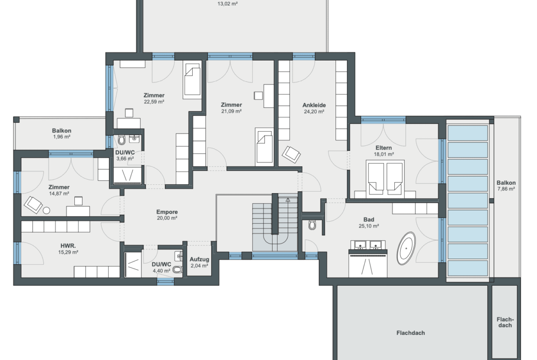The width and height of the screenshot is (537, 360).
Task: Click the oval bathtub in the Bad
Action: click(407, 249)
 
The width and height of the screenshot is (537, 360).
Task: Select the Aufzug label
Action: click(199, 260)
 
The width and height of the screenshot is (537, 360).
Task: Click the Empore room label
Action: click(167, 212)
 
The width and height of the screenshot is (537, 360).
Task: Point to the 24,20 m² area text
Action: click(314, 111)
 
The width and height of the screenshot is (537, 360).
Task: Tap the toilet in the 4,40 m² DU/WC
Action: click(178, 269)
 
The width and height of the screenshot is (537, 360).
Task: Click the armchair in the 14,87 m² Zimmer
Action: click(33, 205)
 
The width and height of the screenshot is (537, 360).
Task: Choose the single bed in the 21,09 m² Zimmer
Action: click(265, 147)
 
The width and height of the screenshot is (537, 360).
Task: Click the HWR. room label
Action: click(68, 246)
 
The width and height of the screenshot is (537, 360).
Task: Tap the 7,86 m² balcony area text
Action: click(506, 189)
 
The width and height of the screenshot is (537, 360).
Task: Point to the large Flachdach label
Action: click(411, 332)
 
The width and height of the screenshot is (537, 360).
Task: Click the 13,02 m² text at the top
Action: click(228, 4)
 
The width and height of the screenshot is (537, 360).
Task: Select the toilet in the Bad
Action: click(312, 225)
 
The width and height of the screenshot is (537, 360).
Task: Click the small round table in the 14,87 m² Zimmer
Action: click(46, 210)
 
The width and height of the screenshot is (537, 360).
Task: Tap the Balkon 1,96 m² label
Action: click(62, 133)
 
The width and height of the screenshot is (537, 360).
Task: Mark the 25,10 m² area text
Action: click(369, 226)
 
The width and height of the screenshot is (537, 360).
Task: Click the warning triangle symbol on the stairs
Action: click(288, 199)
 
